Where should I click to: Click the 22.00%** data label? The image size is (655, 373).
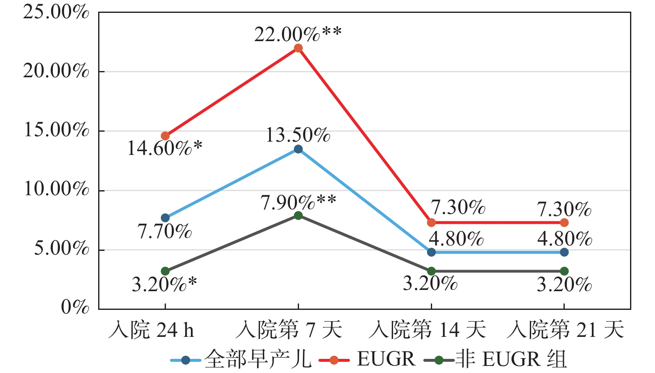point(298,34)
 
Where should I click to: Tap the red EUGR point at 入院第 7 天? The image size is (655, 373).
point(298,48)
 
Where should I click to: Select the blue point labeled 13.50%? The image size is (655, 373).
point(298,149)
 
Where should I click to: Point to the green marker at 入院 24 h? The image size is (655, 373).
point(165,271)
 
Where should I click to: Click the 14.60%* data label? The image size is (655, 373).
point(165,148)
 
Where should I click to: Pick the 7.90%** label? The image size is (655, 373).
point(298,202)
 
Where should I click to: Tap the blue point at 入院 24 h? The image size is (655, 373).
point(165,218)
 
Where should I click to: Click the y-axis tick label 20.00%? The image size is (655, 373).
point(56,71)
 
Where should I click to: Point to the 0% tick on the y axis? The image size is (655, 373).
point(75,307)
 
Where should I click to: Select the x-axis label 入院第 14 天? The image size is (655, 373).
point(427,330)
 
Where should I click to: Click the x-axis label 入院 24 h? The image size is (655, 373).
point(151,330)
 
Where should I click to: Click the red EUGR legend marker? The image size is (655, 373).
point(334,360)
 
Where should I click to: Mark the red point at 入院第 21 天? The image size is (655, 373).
point(564,223)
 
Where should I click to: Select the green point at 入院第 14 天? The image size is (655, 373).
point(431,271)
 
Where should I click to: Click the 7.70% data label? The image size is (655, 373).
point(165,231)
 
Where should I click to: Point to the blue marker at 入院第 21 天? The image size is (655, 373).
point(564,252)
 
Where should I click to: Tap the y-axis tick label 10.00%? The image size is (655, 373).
point(56,189)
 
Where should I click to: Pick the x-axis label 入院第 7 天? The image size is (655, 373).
point(289,330)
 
